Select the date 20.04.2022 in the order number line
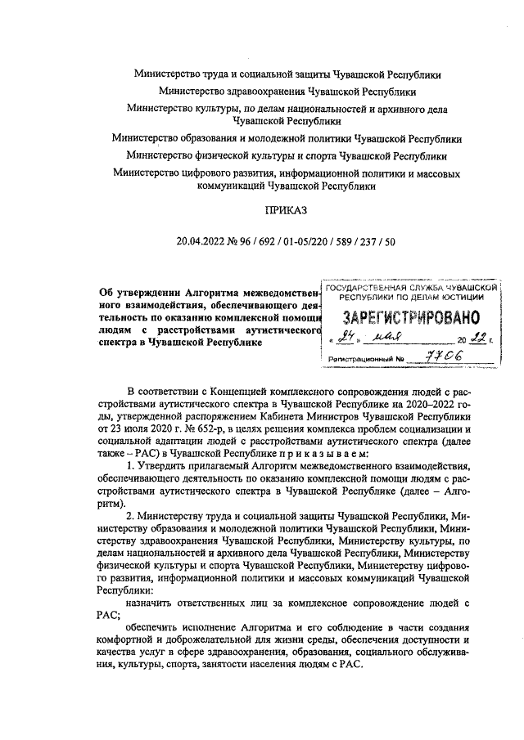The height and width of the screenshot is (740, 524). pyautogui.click(x=200, y=241)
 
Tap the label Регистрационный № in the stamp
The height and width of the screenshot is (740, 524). pyautogui.click(x=366, y=359)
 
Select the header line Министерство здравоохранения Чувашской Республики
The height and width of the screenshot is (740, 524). pyautogui.click(x=287, y=92)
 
